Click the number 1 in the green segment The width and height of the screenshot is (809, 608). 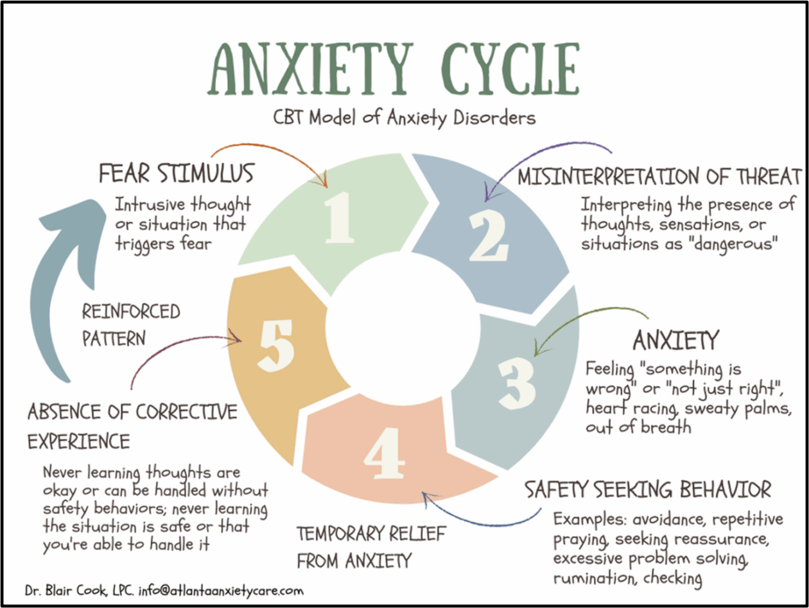tap(338, 218)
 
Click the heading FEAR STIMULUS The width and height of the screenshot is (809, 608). tap(176, 174)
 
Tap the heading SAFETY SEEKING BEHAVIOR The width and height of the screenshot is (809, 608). tap(648, 491)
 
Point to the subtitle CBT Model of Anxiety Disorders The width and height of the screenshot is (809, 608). tap(405, 118)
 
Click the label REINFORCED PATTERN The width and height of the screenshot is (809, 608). tap(130, 325)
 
